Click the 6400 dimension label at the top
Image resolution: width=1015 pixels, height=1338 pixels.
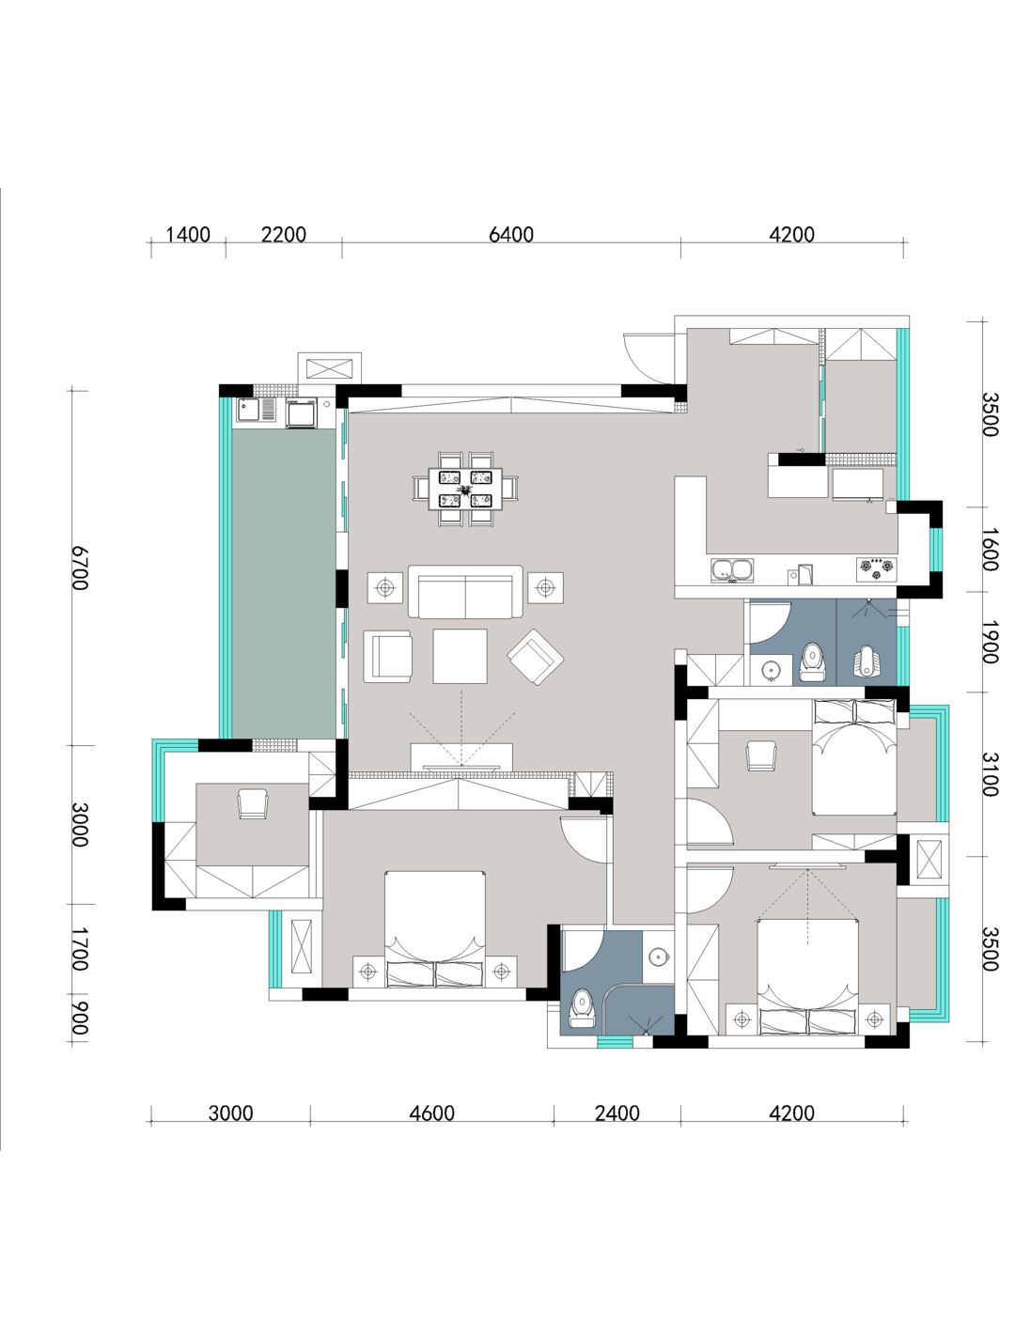coord(511,234)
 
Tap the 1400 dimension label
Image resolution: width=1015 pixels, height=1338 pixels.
coord(188,234)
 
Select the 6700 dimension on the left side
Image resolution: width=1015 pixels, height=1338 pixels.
coord(79,568)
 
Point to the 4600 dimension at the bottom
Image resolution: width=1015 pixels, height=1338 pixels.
coord(431,1113)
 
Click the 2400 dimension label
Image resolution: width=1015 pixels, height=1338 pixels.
coord(617,1113)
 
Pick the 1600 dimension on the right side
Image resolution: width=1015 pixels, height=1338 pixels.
coord(990,550)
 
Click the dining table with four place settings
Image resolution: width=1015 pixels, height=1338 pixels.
coord(465,489)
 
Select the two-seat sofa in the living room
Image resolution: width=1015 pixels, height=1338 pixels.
coord(465,592)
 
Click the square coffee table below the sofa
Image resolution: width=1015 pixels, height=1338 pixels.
coord(460,656)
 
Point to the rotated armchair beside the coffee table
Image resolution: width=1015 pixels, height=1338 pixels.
coord(536,657)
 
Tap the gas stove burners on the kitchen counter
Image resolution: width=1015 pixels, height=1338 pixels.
coord(876,569)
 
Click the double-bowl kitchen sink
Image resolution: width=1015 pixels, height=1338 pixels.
coord(731,570)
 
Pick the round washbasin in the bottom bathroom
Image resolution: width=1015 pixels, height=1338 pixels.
coord(658,956)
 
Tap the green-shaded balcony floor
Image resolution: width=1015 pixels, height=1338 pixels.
coord(284,583)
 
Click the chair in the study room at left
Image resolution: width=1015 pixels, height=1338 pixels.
coord(253,803)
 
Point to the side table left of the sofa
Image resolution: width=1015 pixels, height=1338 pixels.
coord(384,587)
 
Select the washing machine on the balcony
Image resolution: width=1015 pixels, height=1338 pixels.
coord(301,412)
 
